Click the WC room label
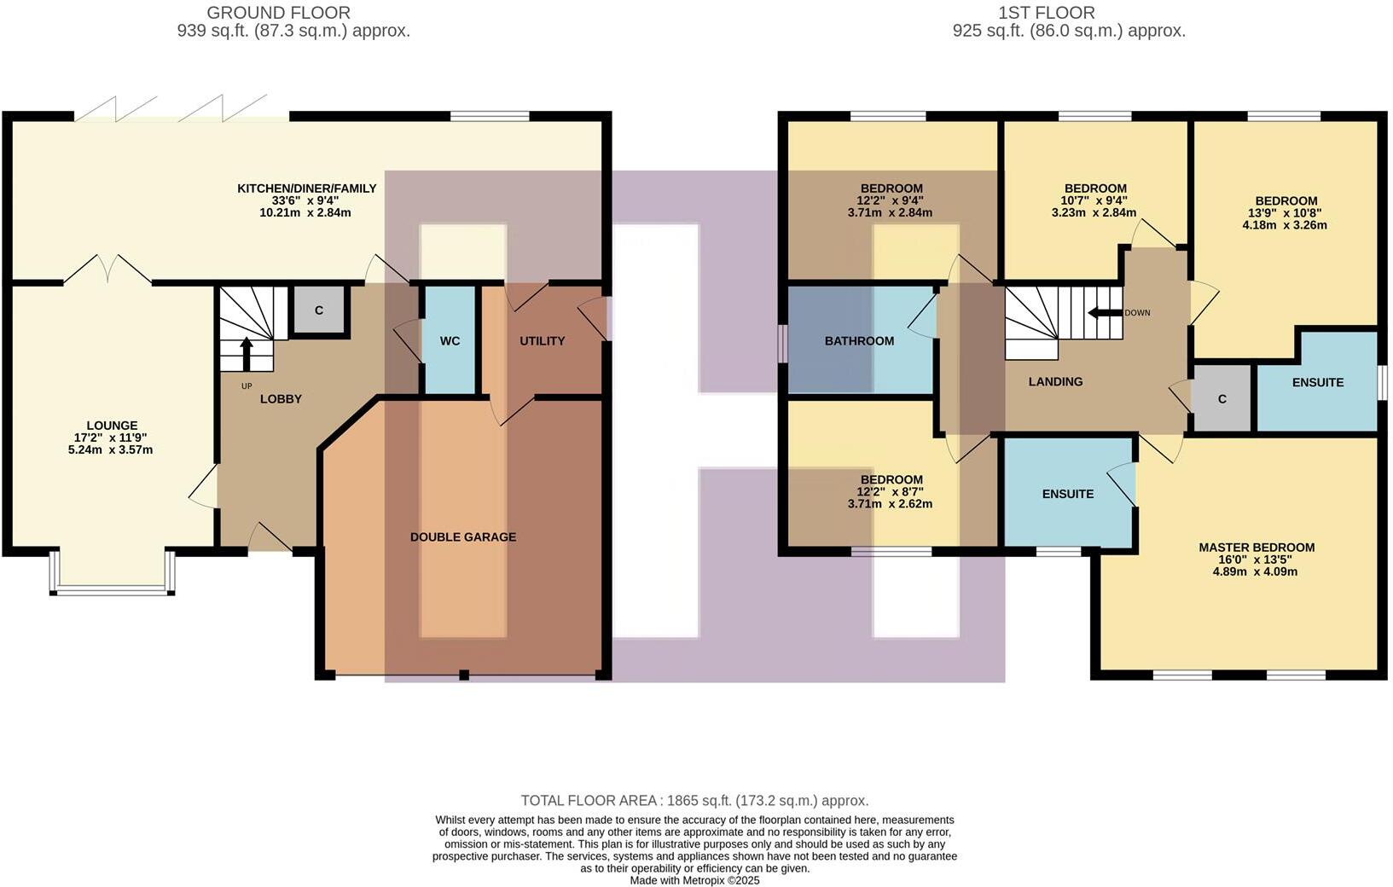click(450, 341)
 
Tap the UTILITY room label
click(543, 341)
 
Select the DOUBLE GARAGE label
click(463, 537)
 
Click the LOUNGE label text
click(112, 426)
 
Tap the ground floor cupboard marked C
click(319, 310)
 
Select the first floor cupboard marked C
click(1222, 399)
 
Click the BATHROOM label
click(859, 341)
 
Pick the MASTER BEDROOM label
click(1257, 548)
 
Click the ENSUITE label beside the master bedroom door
click(1068, 494)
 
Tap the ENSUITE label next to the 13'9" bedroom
click(1318, 383)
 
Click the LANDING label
click(1055, 382)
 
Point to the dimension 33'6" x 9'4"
click(306, 200)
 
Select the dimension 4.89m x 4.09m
click(1256, 571)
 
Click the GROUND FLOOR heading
click(278, 13)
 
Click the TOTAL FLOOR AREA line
click(694, 801)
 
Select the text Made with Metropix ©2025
click(694, 880)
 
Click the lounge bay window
click(113, 588)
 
